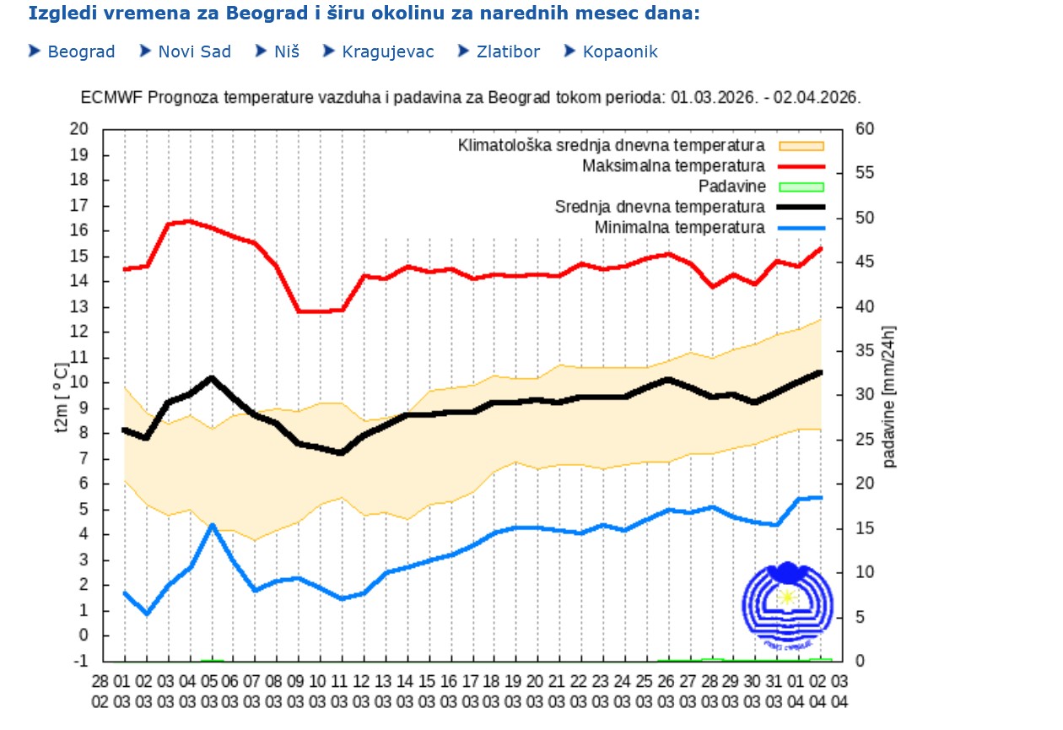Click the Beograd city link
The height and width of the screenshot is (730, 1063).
pyautogui.click(x=81, y=52)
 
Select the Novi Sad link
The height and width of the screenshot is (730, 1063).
pyautogui.click(x=194, y=52)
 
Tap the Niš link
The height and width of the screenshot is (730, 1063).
pyautogui.click(x=286, y=52)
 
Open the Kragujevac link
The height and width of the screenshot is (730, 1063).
pyautogui.click(x=387, y=52)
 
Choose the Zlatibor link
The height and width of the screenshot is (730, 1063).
pyautogui.click(x=508, y=52)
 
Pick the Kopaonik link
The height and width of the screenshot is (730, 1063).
pyautogui.click(x=620, y=52)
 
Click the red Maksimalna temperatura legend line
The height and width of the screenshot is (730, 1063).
pyautogui.click(x=801, y=166)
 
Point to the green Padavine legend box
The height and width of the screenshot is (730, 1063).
pyautogui.click(x=801, y=187)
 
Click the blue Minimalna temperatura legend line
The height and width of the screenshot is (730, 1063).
pyautogui.click(x=801, y=228)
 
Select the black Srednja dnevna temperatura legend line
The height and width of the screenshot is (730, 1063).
pyautogui.click(x=801, y=207)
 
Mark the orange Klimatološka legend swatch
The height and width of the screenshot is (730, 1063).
pyautogui.click(x=801, y=146)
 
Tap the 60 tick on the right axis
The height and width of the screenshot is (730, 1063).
pyautogui.click(x=865, y=129)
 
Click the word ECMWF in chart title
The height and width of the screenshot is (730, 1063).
pyautogui.click(x=111, y=97)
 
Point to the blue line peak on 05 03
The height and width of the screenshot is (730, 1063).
pyautogui.click(x=213, y=525)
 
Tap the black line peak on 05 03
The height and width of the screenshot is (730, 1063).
pyautogui.click(x=213, y=377)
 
